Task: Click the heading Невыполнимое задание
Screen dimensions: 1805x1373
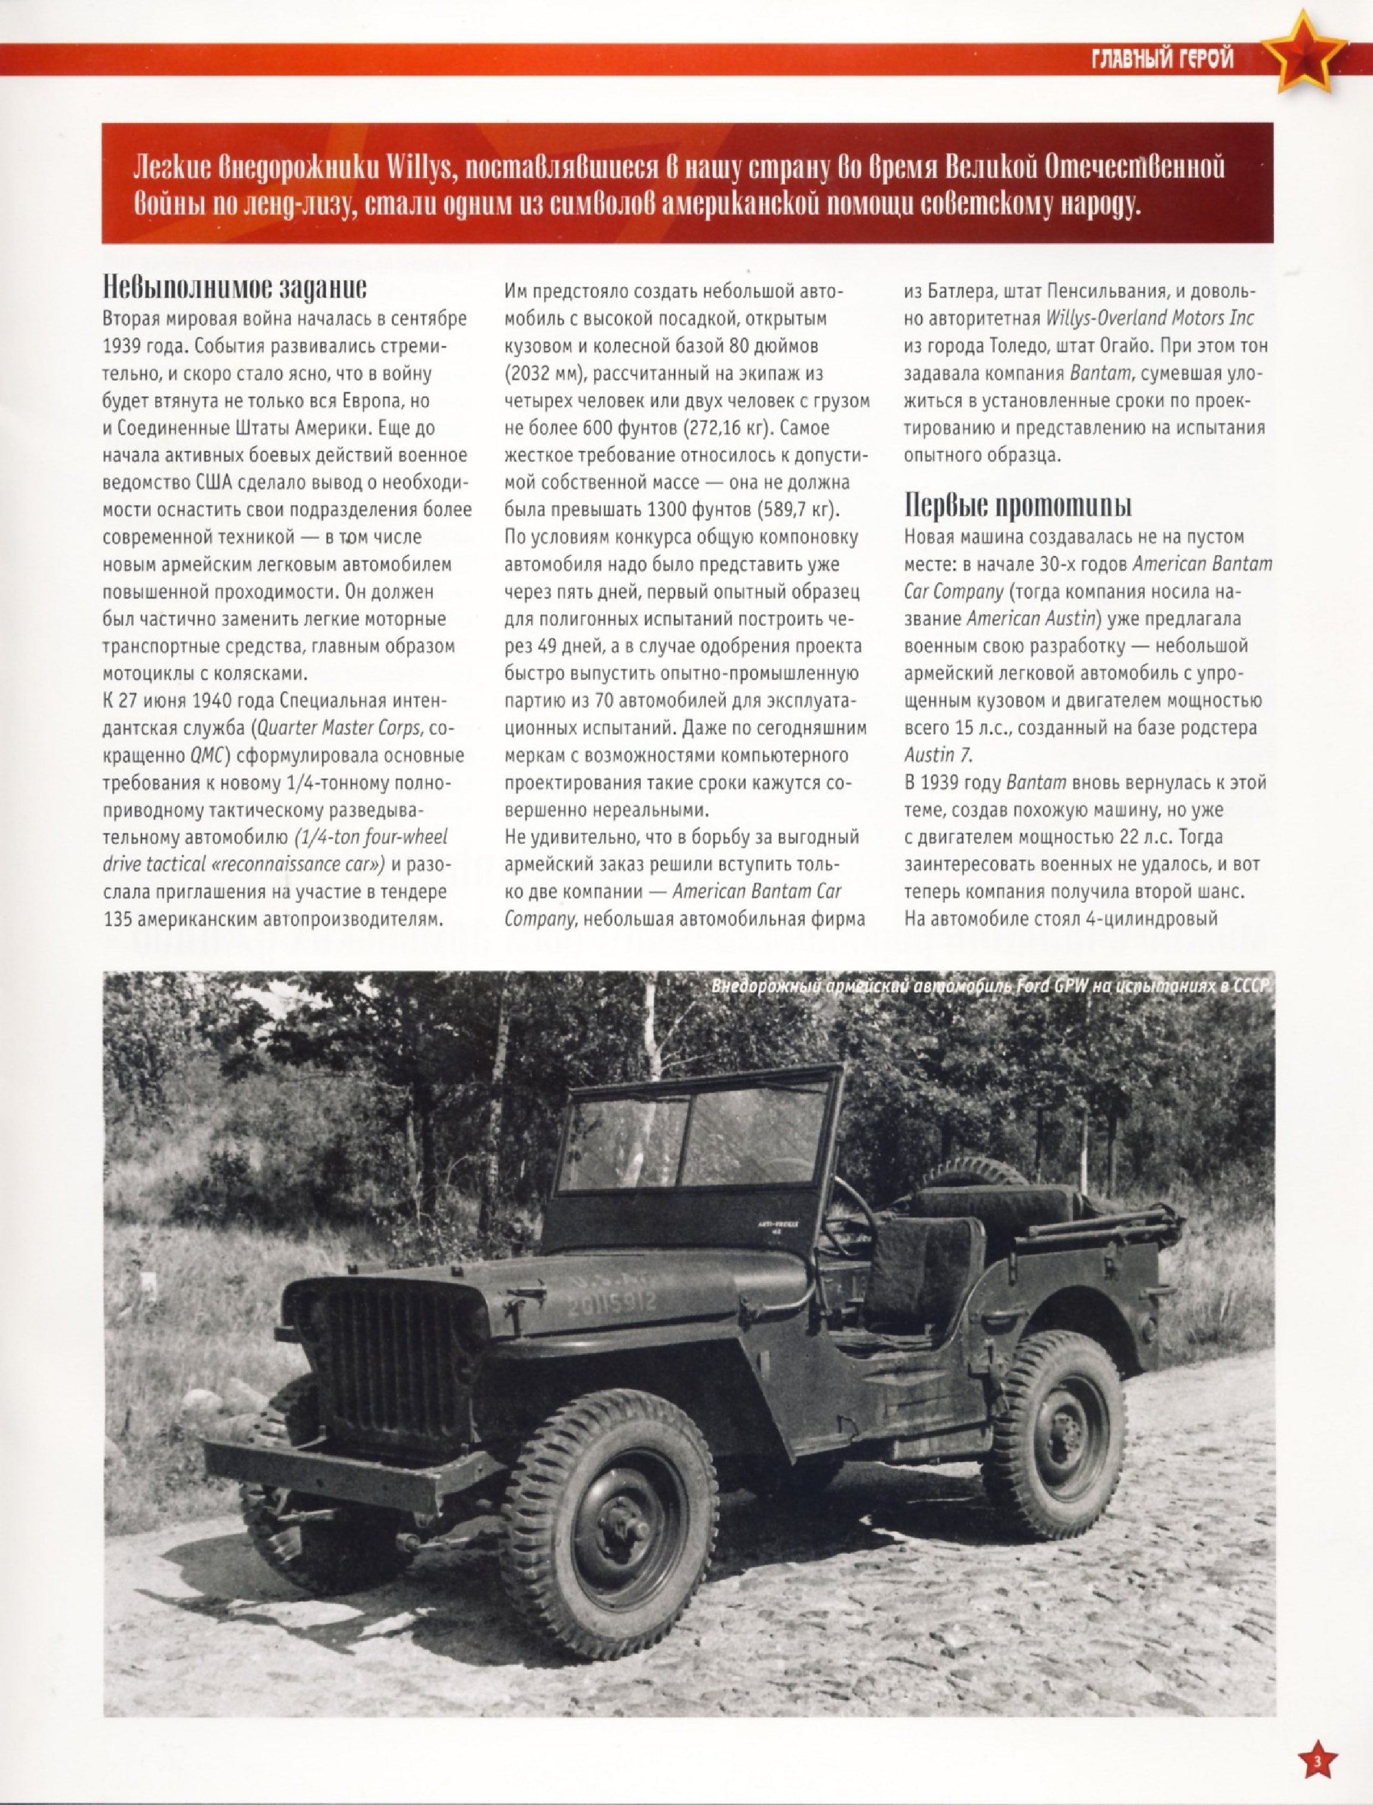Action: tap(234, 288)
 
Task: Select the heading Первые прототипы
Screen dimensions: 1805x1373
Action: tap(1018, 506)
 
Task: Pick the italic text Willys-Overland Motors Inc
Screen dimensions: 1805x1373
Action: tap(1149, 318)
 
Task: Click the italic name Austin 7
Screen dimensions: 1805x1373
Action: tap(938, 755)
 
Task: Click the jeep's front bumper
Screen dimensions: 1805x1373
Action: tap(344, 1472)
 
